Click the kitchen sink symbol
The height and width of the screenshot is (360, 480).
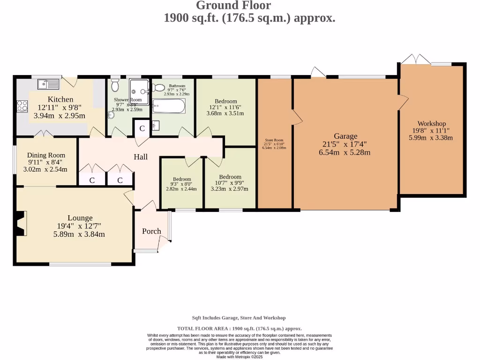(x=48, y=84)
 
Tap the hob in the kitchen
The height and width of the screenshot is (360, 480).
(x=22, y=106)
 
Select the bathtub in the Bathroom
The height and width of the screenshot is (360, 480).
(x=169, y=106)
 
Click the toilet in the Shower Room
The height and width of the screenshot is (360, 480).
(x=115, y=85)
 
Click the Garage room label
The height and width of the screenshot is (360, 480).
(x=345, y=136)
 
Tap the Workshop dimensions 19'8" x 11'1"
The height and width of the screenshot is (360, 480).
(x=432, y=131)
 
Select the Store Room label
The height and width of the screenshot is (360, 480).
(x=274, y=140)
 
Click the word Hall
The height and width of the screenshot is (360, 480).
(x=141, y=157)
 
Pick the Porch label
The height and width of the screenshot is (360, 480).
(x=151, y=231)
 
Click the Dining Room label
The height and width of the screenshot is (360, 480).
(x=46, y=155)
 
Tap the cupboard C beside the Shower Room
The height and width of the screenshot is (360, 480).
(x=142, y=128)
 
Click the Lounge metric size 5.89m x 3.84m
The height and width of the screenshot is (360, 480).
(x=79, y=234)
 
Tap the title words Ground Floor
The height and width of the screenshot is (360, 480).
(x=233, y=6)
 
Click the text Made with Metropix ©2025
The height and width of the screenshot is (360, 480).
(x=239, y=357)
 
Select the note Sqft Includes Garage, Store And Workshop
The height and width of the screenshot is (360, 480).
(x=239, y=318)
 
